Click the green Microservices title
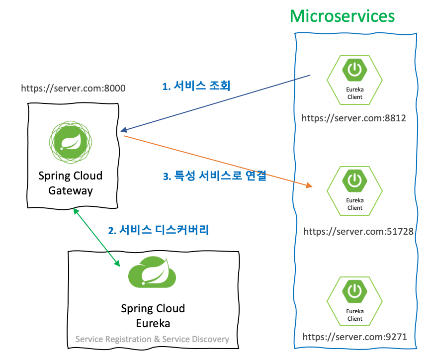point(342,16)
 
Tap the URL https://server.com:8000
point(73,88)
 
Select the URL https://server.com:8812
point(354,118)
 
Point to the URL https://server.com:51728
point(358,231)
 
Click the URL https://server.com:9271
point(355,337)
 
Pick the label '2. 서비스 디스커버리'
point(159,230)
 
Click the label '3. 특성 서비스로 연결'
point(215,176)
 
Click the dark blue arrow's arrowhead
point(122,129)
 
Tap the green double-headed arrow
point(97,237)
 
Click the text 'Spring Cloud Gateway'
point(71,183)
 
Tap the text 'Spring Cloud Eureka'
point(153,316)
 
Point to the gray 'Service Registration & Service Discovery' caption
point(152,339)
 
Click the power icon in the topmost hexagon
point(354,70)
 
